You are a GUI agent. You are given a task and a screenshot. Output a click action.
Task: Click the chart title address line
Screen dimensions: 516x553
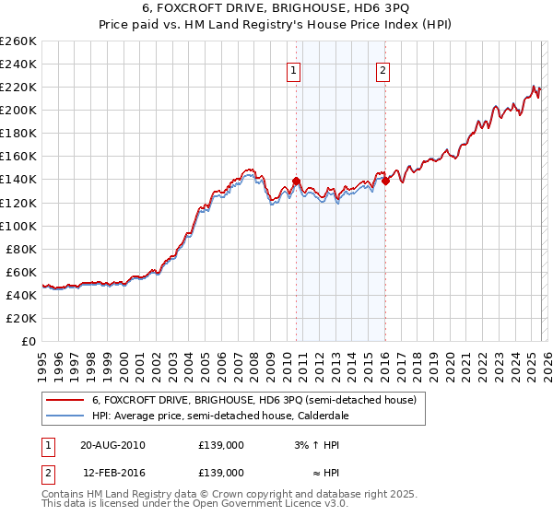click(276, 9)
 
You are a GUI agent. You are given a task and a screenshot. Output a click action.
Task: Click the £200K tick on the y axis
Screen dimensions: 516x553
click(18, 110)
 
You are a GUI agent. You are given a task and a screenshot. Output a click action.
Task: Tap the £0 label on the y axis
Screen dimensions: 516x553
click(30, 341)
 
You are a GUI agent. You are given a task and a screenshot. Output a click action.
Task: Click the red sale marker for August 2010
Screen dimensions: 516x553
click(296, 181)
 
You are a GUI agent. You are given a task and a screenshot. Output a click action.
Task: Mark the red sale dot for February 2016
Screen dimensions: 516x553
click(385, 181)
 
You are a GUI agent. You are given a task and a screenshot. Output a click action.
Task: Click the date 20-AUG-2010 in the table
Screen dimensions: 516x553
click(112, 445)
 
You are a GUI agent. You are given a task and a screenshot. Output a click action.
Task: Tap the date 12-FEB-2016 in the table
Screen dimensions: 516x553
click(112, 472)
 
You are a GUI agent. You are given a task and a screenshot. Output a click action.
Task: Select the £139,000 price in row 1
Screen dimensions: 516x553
click(220, 445)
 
